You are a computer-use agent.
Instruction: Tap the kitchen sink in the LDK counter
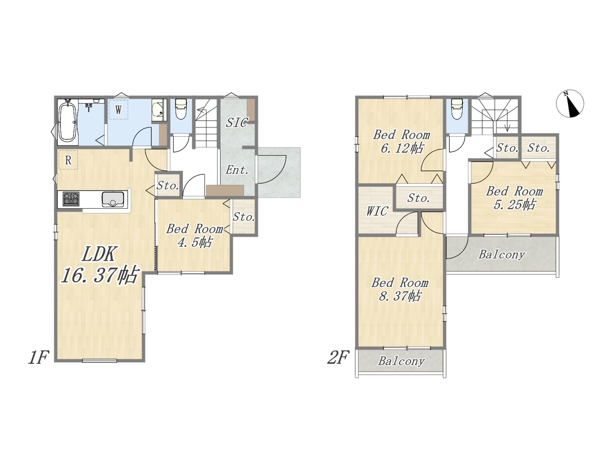pos(113,199)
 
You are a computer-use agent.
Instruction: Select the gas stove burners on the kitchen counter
pos(71,199)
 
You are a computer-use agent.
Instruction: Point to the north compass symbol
pos(570,103)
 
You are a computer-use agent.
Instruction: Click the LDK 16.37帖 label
pos(100,265)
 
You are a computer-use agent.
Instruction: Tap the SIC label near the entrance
pos(237,123)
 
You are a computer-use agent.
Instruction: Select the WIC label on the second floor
pos(377,211)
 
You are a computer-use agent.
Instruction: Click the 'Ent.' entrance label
pos(237,170)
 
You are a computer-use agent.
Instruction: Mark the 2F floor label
pos(338,358)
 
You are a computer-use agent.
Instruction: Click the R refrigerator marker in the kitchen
pos(68,160)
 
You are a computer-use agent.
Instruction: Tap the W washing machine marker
pos(118,110)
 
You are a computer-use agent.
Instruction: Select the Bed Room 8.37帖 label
pos(399,290)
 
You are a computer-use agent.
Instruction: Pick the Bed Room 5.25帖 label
pos(514,198)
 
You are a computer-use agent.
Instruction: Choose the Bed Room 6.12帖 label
pos(401,141)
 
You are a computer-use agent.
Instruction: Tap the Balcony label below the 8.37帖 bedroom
pos(401,361)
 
